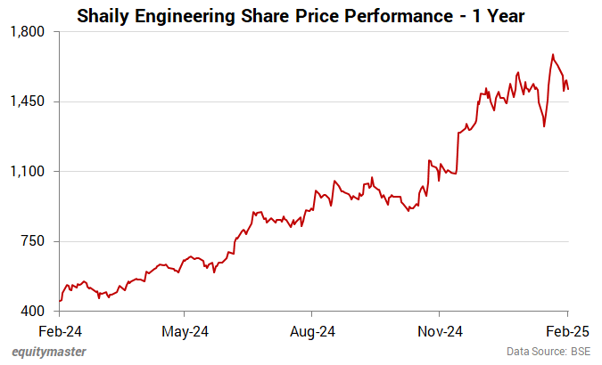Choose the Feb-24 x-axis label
[x=59, y=330]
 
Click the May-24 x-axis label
[x=185, y=330]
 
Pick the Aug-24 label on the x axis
[x=313, y=330]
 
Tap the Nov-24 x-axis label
[x=441, y=330]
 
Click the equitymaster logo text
[x=49, y=353]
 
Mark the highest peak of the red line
[x=553, y=54]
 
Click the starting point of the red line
[x=59, y=301]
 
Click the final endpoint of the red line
[x=568, y=89]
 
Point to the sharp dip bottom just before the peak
[x=544, y=126]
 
